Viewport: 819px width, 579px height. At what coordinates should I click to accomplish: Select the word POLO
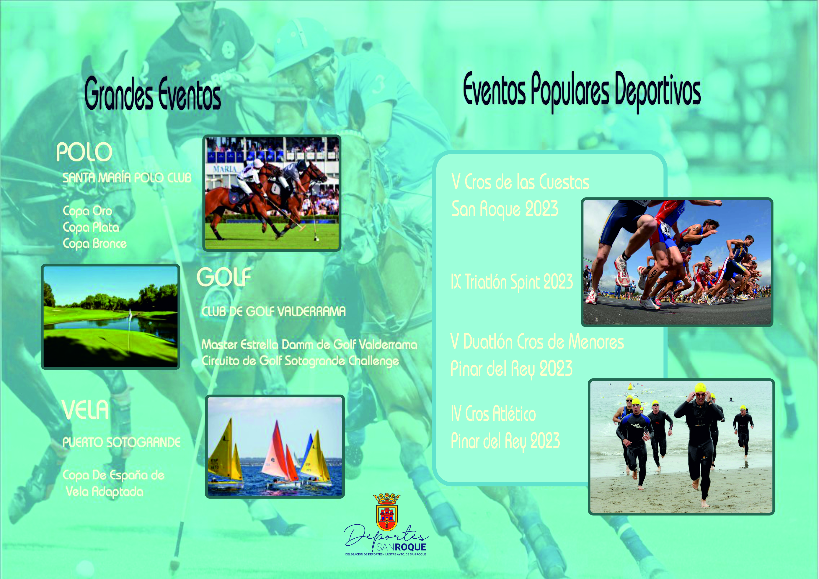(x=84, y=152)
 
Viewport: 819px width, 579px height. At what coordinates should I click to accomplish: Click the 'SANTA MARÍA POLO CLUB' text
(x=127, y=178)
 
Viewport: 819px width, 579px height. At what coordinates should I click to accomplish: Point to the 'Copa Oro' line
(x=87, y=211)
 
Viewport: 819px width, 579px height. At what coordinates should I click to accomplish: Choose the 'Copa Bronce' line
(x=95, y=244)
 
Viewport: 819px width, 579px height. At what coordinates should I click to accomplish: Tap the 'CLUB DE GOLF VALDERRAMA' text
(x=274, y=311)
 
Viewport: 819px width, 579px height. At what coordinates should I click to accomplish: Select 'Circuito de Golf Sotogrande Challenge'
(x=300, y=361)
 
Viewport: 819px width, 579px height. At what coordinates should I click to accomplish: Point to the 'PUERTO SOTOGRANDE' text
(x=122, y=442)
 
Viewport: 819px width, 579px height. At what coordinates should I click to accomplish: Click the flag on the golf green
(x=130, y=314)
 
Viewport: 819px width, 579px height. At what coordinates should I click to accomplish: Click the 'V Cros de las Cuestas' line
(x=520, y=182)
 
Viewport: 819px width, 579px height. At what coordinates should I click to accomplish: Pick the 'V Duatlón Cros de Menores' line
(x=537, y=342)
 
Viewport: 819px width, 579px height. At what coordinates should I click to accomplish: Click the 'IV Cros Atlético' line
(x=493, y=414)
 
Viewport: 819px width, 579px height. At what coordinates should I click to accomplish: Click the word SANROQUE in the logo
(x=401, y=547)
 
